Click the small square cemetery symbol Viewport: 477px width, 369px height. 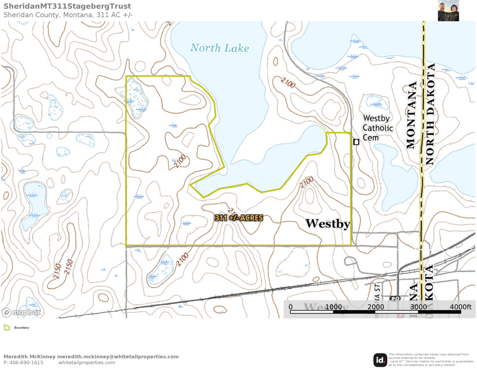point(356,142)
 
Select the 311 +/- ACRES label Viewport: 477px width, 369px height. point(238,218)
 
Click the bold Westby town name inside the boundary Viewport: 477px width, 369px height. point(328,224)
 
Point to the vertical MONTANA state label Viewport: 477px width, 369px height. point(411,114)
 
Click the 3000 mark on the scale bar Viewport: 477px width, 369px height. point(418,307)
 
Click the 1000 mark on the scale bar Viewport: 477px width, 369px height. point(334,307)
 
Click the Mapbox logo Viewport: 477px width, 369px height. point(22,312)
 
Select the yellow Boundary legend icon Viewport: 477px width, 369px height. point(6,327)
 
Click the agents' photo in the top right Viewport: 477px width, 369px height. point(448,11)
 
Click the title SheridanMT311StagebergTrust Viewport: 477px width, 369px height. point(67,6)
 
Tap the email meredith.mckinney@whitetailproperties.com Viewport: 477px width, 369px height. point(118,357)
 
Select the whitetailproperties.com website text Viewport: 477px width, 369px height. point(87,363)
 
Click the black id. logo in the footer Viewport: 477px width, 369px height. point(380,360)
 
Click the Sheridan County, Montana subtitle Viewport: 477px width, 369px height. point(68,15)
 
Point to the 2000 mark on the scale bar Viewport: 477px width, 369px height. point(376,307)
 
